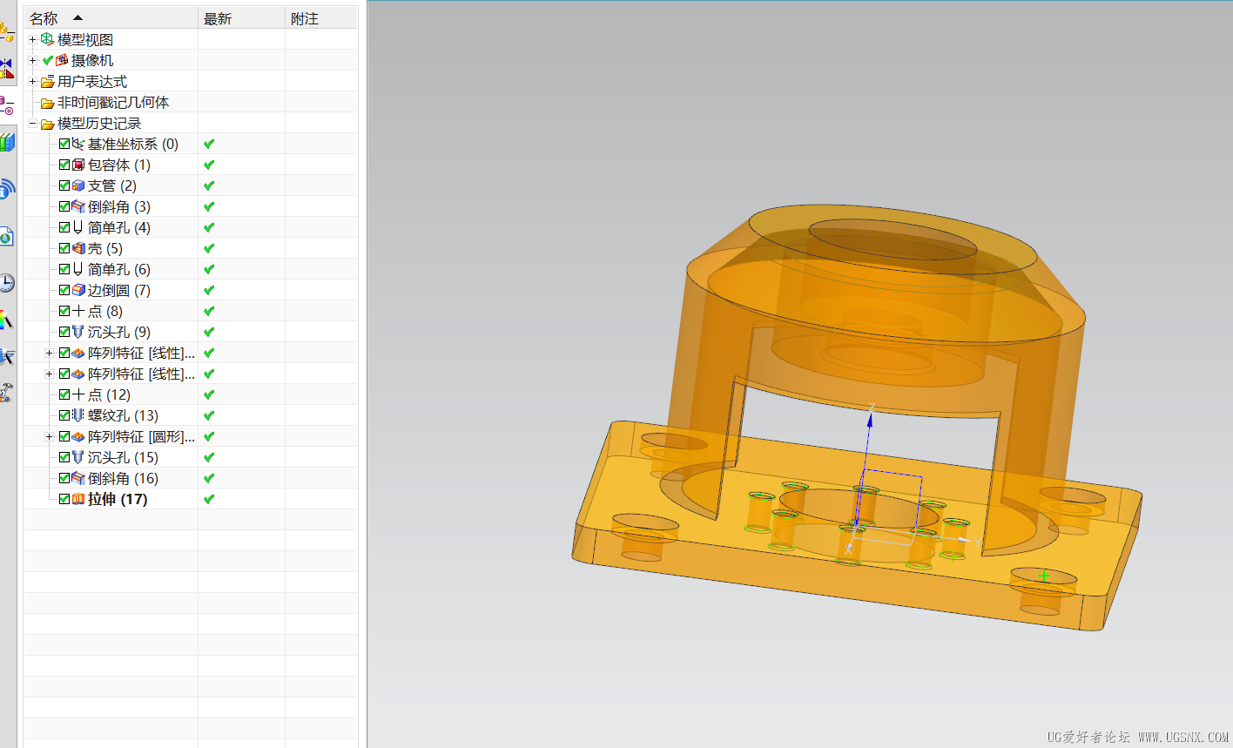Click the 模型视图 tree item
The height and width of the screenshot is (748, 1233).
tap(84, 40)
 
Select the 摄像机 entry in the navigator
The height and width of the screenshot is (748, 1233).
tap(92, 61)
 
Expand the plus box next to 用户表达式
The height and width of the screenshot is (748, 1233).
tap(32, 82)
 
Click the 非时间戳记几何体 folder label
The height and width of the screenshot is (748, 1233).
tap(113, 103)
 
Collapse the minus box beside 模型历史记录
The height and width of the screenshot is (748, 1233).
tap(32, 124)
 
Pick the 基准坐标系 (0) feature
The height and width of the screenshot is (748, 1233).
tap(132, 145)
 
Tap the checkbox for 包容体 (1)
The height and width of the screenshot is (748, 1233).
tap(64, 165)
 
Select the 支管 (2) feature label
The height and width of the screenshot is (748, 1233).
tap(111, 186)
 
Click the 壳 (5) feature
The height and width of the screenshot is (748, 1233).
tap(104, 249)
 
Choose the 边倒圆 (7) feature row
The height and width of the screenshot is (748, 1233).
tap(119, 291)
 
